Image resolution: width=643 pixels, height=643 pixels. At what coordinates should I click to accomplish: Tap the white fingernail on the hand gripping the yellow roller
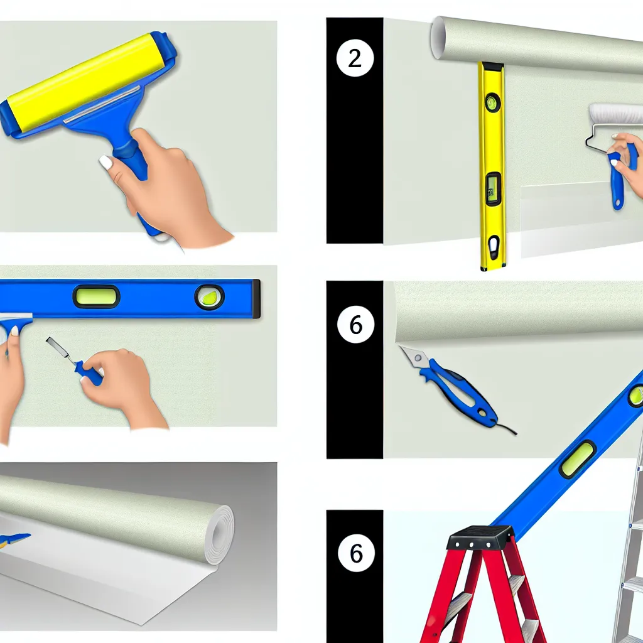pos(106,163)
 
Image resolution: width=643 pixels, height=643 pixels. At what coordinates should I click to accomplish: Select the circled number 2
pos(355,58)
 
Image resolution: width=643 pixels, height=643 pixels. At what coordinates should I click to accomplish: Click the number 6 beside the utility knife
pos(355,325)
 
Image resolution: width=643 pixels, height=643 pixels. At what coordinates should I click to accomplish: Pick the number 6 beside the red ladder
pos(356,553)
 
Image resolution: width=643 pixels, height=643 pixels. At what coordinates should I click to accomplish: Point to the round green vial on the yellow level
pos(492,102)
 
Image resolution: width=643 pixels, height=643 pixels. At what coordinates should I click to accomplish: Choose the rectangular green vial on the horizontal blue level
pos(96,296)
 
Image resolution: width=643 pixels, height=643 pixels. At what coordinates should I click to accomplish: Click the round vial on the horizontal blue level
pos(210,296)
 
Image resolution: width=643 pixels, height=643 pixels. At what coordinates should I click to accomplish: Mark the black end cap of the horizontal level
pos(256,299)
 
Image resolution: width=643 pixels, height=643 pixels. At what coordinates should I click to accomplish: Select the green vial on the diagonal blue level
pos(578,459)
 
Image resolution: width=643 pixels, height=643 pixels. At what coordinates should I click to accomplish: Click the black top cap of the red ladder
pos(480,538)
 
